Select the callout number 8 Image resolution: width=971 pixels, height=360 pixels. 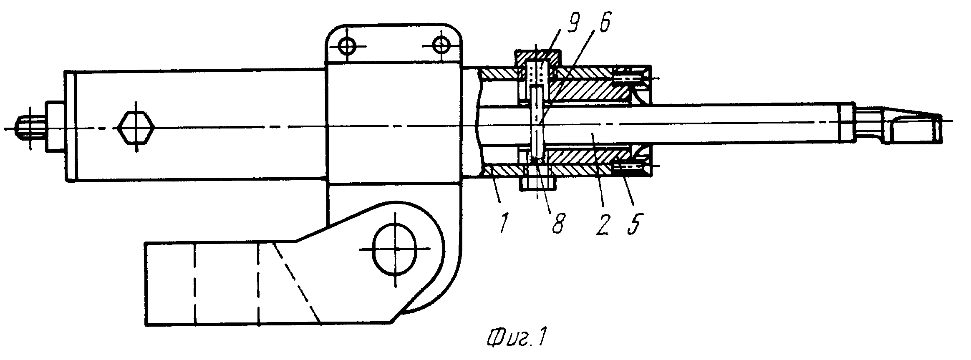click(x=557, y=223)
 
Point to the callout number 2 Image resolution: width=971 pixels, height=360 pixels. click(x=603, y=223)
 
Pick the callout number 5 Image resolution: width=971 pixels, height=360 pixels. click(x=635, y=223)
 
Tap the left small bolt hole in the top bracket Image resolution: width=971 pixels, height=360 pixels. click(x=347, y=46)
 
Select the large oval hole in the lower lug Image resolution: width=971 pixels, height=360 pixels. click(x=394, y=249)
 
